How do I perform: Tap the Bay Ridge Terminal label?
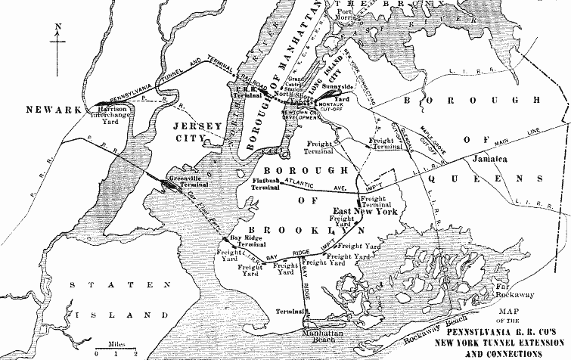[x=247, y=242]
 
